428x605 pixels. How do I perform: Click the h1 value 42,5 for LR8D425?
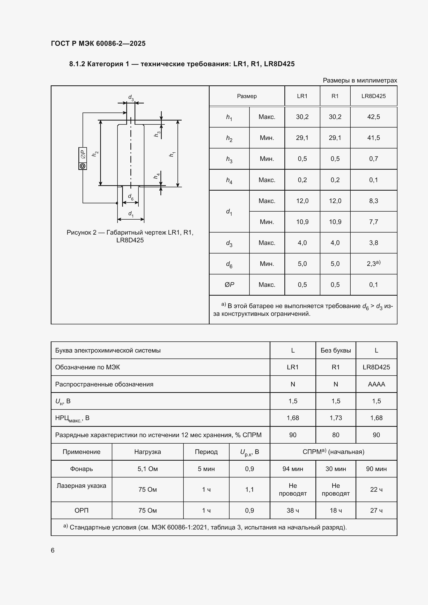373,117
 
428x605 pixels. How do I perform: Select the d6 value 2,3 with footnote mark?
373,264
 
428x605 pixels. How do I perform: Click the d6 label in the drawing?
130,197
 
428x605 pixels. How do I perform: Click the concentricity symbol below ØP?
83,166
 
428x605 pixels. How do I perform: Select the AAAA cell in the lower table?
376,384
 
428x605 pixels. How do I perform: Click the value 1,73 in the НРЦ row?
336,418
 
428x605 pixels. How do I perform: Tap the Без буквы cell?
336,350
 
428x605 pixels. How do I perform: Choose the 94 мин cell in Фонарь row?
293,469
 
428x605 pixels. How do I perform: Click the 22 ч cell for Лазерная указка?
376,489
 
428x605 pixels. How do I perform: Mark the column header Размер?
246,96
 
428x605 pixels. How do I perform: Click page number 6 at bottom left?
53,550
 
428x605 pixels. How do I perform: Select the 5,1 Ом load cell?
147,469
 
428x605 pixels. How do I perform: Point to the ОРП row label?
82,510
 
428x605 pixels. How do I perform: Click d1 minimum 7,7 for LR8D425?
373,222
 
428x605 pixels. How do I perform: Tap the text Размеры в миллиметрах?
360,80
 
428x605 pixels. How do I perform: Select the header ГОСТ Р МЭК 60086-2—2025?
98,43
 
